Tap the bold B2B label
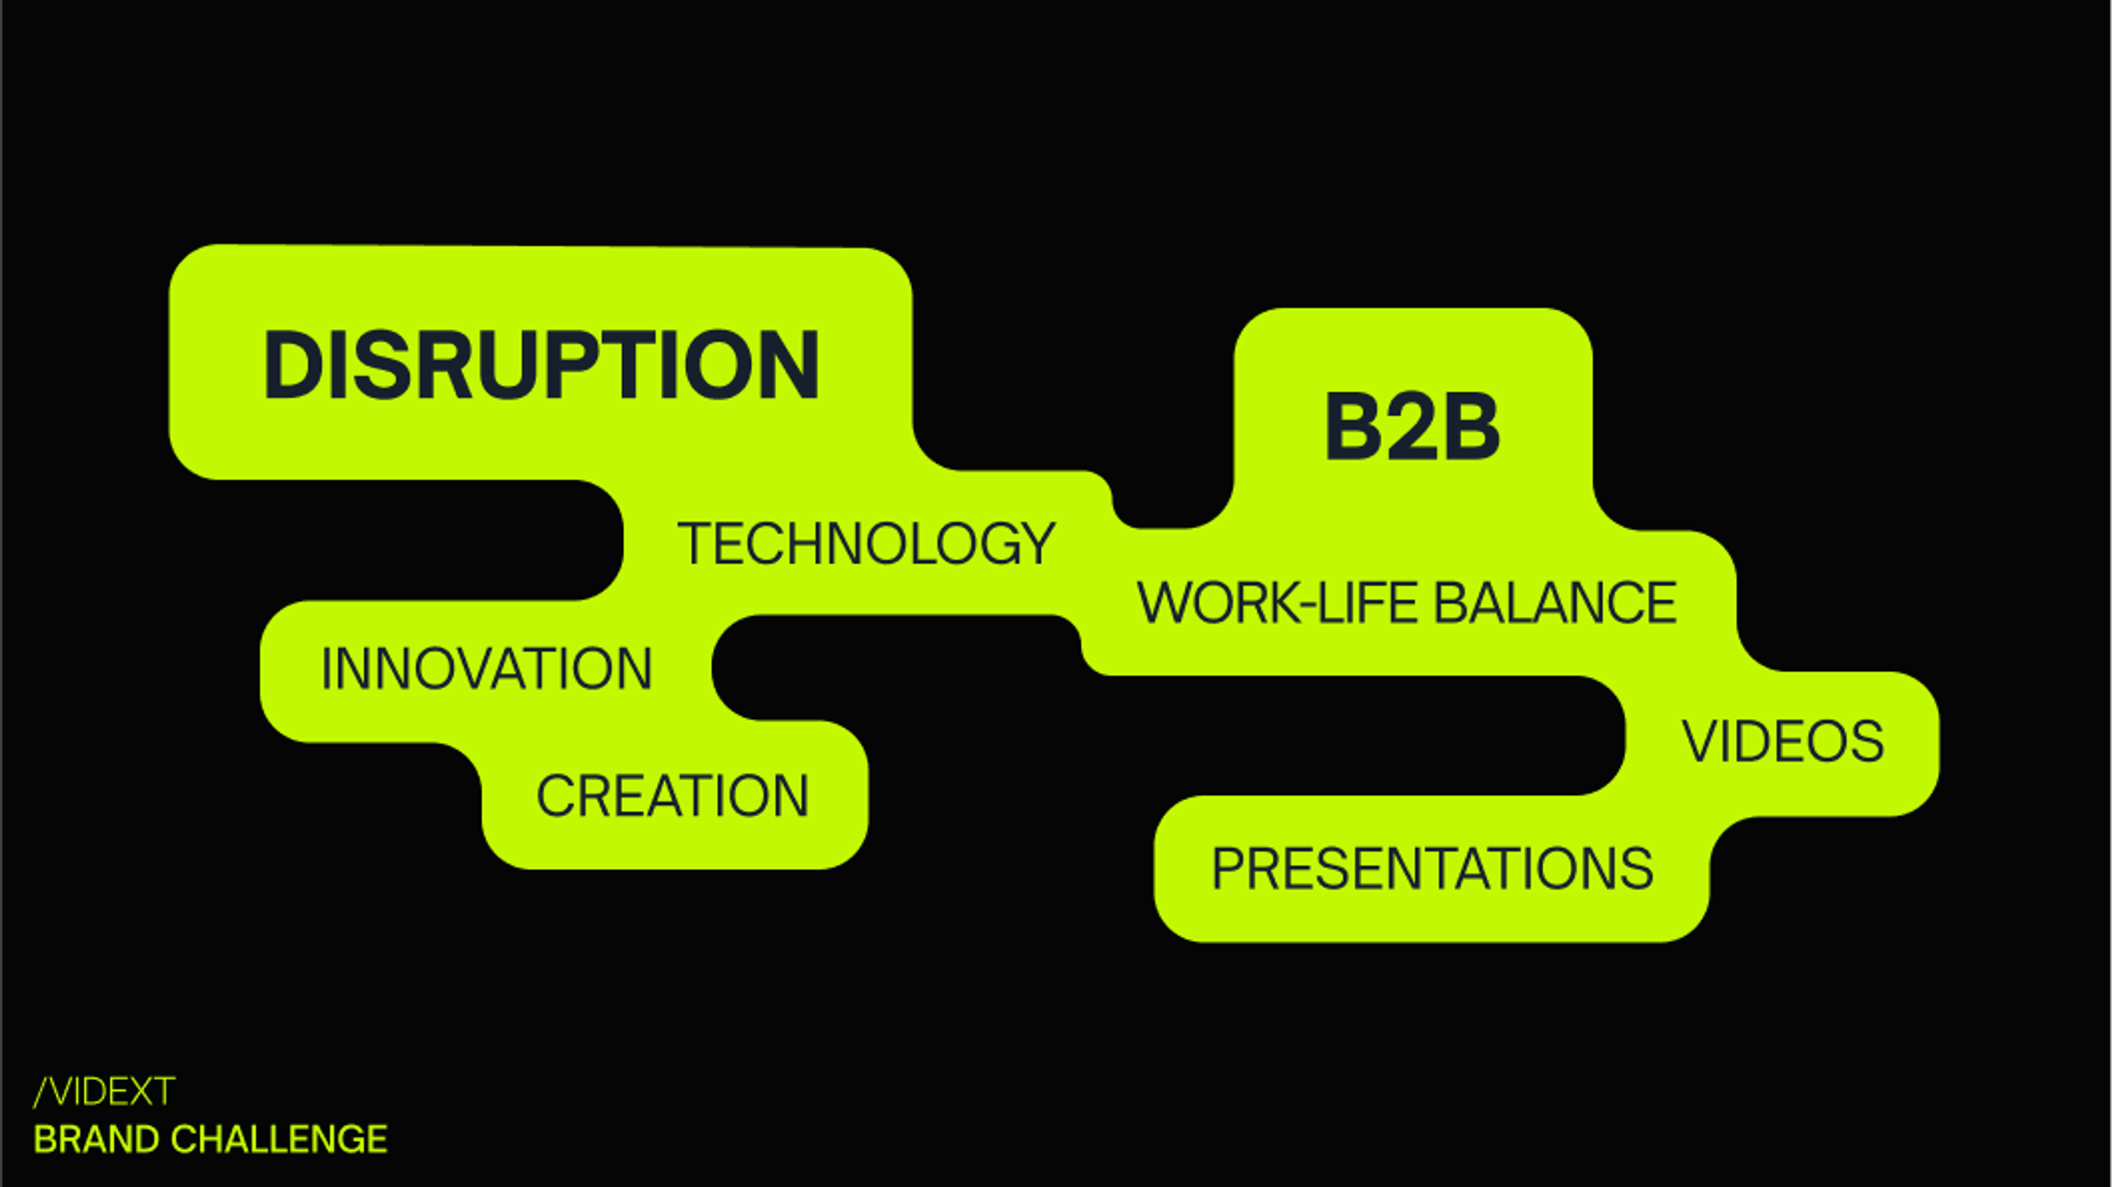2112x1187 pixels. (1412, 426)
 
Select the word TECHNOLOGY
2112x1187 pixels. (866, 543)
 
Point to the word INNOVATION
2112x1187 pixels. (486, 668)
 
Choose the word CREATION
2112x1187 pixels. (672, 795)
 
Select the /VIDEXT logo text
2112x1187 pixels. (104, 1091)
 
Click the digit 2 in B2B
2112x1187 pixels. (1412, 426)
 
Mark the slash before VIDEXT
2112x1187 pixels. (42, 1092)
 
